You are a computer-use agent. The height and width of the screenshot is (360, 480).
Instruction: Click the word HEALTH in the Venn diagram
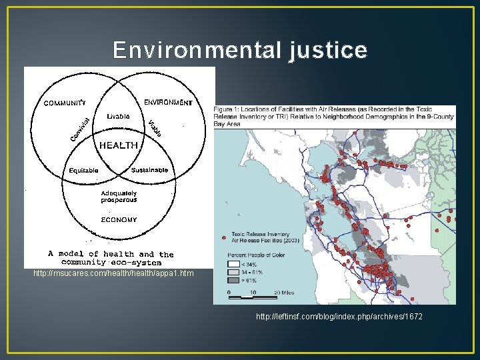point(119,145)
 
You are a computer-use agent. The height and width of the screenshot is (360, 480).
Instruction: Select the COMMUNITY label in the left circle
point(65,103)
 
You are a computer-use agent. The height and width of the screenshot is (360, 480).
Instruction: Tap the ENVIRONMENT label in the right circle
point(168,103)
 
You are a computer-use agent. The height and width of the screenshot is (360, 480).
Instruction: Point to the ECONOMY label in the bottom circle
point(119,219)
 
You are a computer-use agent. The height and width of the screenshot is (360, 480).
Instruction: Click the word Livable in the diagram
point(118,116)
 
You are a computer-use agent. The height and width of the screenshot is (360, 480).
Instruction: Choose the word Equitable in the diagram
point(84,171)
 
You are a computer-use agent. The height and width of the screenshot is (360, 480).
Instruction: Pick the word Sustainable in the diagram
point(150,170)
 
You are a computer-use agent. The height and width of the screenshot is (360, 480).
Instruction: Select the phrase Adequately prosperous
point(119,197)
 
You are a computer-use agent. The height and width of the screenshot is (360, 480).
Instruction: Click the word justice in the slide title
point(327,51)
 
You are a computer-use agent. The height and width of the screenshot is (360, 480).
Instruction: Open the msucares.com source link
point(113,273)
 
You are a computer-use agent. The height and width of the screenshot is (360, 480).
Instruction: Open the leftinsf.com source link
point(339,316)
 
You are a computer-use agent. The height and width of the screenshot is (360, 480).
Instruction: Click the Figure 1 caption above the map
point(343,116)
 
